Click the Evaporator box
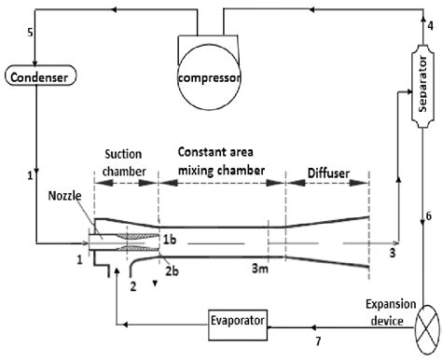coord(239,322)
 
